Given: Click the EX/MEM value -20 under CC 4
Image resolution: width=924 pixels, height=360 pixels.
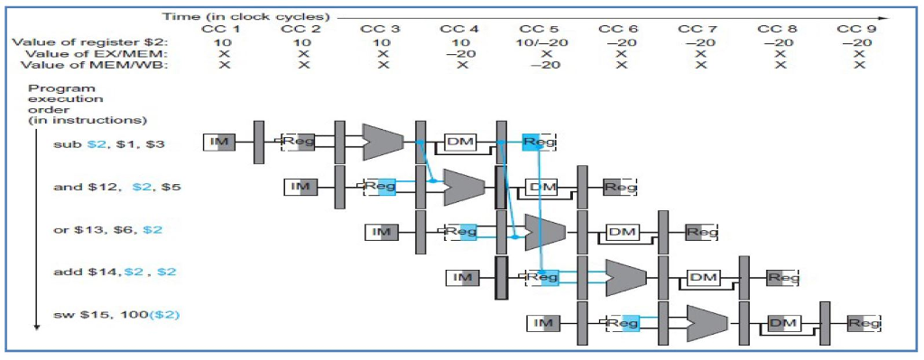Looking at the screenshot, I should click(460, 53).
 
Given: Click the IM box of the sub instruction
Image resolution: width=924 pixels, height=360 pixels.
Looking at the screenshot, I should click(219, 142).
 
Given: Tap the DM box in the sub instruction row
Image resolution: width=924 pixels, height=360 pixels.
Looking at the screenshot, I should click(460, 142).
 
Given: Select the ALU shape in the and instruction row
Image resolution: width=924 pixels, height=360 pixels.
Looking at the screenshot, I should click(463, 186).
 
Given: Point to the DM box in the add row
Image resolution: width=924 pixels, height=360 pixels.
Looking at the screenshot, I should click(702, 277).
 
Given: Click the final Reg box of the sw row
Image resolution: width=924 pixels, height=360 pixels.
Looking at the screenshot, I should click(864, 322).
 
